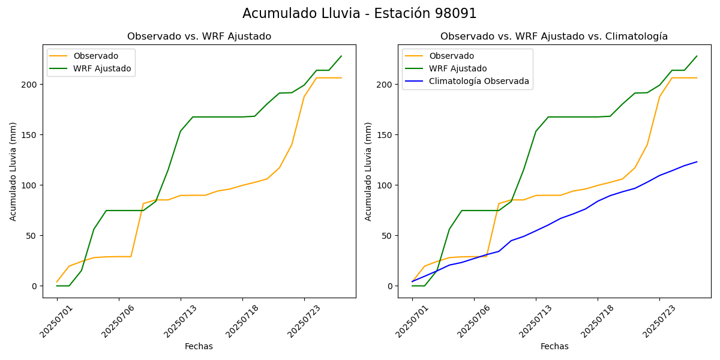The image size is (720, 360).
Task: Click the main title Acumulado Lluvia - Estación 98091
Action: tap(359, 13)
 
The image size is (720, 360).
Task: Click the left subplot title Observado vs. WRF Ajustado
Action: tap(199, 37)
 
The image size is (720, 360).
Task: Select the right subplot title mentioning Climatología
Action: tap(554, 37)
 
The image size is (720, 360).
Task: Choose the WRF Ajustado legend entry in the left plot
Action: tap(102, 68)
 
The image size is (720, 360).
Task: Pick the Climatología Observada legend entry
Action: tap(479, 82)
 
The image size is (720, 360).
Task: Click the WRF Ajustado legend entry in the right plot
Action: tap(458, 68)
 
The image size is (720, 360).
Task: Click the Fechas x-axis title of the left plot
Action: tap(199, 346)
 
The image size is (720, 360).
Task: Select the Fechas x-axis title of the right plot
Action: tap(554, 346)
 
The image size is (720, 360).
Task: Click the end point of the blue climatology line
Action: tap(697, 161)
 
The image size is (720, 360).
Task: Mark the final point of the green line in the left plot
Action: tap(341, 56)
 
